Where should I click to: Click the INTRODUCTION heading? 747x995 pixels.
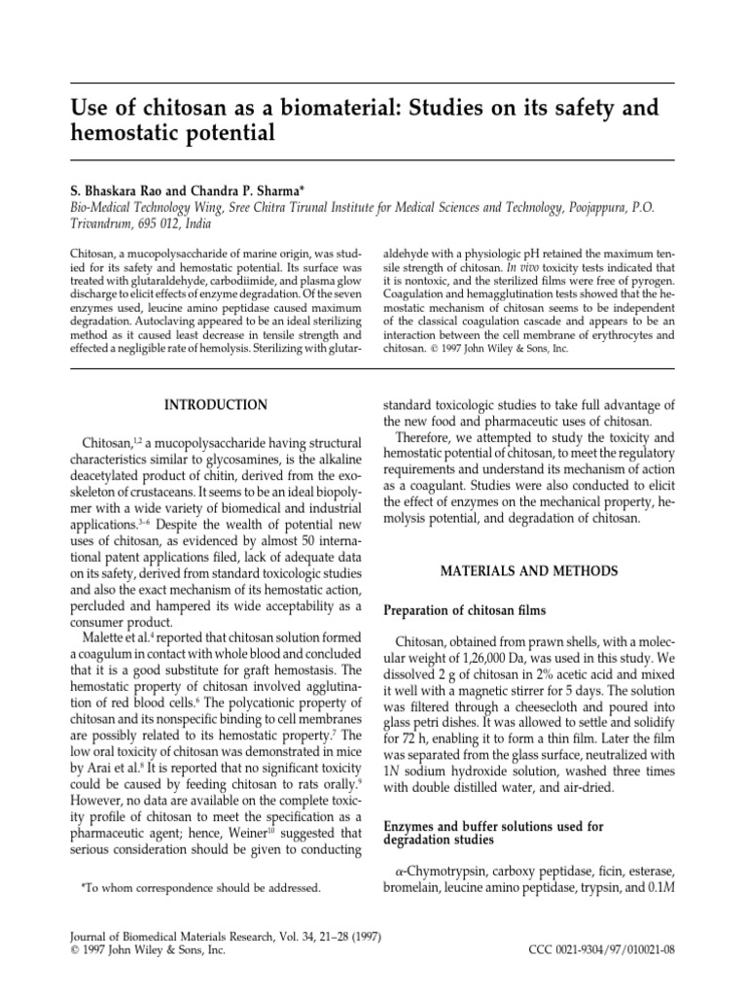coord(216,403)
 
